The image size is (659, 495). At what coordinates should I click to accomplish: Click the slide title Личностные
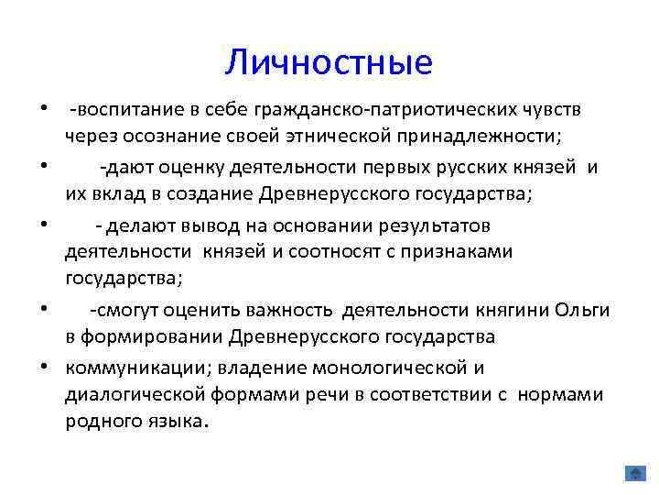pos(329,62)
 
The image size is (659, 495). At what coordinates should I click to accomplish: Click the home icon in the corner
pos(634,473)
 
